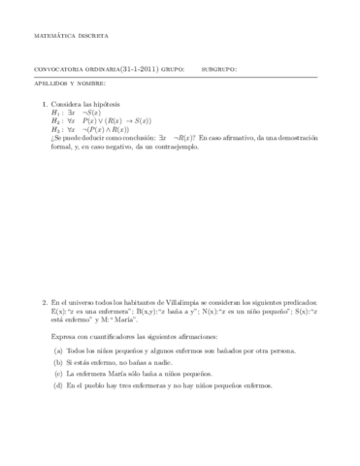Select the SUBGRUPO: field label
[x=216, y=69]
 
